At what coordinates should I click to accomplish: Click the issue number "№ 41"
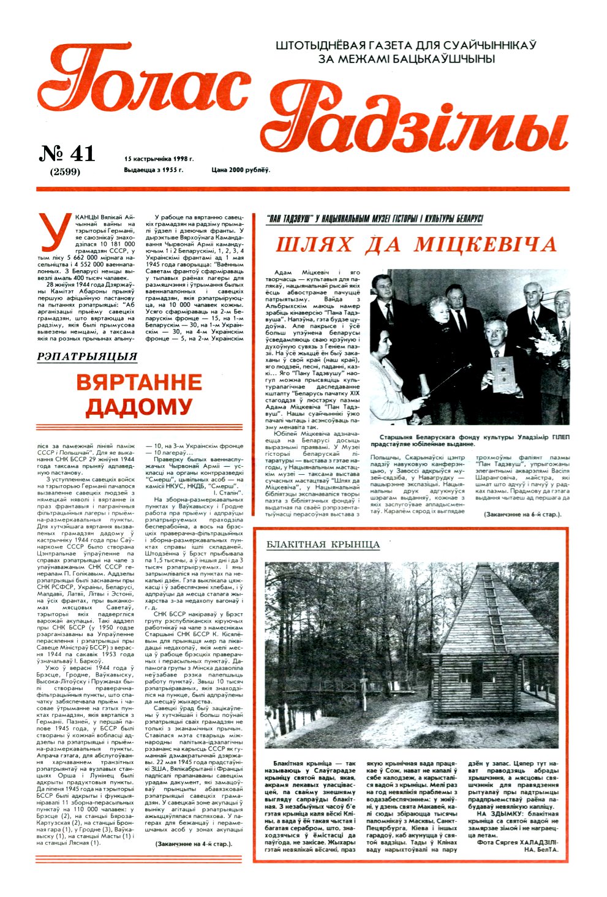coord(67,154)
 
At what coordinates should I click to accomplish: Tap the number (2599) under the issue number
coord(66,172)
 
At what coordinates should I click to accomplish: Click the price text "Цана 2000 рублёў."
coord(240,170)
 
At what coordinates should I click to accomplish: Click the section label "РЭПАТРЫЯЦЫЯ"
coord(87,356)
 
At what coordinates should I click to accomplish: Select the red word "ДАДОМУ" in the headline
coord(138,406)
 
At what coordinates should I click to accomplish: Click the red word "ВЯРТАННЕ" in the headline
coord(138,383)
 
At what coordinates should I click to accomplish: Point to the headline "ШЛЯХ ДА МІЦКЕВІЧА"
coord(417,244)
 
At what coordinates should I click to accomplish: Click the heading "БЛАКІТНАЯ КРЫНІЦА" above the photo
coord(323,544)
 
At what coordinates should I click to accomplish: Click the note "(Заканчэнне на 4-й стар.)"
coord(194,844)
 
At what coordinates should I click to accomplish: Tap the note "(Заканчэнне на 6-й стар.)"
coord(522,514)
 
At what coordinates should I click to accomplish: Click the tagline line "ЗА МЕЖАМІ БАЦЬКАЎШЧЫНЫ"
coord(406,59)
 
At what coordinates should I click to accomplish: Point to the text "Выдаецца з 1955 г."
coord(153,170)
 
